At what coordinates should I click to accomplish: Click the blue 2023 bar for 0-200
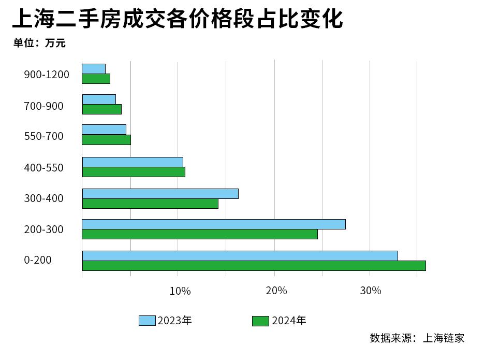tap(240, 256)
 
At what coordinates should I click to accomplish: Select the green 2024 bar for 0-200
tap(254, 266)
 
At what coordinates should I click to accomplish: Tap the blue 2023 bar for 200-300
tap(214, 224)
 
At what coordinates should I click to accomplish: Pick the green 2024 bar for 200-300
tap(200, 234)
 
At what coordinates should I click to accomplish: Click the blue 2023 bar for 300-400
tap(160, 194)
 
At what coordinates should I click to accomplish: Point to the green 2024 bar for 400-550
tap(134, 172)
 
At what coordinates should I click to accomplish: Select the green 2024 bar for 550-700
tap(107, 140)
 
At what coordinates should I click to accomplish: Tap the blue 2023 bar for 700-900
tap(99, 99)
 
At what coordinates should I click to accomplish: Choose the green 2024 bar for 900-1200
tap(96, 79)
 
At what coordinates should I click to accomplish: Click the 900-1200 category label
tap(47, 75)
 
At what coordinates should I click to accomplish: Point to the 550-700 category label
tap(44, 136)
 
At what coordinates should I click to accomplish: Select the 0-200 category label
tap(38, 260)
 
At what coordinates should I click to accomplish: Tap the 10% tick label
tap(180, 291)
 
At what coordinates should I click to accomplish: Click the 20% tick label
tap(276, 291)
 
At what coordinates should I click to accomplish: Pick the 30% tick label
tap(371, 291)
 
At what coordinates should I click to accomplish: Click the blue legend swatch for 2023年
tap(147, 321)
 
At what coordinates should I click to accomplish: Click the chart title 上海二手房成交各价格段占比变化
tap(177, 19)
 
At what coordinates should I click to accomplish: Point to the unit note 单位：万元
tap(40, 43)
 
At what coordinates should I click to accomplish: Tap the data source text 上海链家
tap(444, 338)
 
